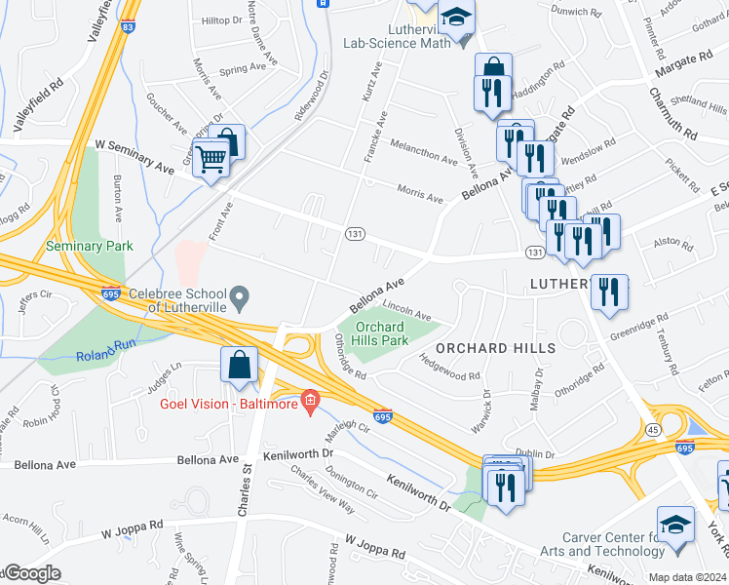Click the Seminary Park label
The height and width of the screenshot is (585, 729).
click(x=89, y=247)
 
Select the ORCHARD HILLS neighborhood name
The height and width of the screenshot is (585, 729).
click(x=495, y=348)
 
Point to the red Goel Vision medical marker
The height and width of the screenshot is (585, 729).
click(x=310, y=401)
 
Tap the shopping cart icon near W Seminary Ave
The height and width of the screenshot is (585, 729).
click(x=211, y=158)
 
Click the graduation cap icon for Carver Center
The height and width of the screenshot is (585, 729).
click(x=675, y=524)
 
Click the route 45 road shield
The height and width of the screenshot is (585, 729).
click(x=650, y=429)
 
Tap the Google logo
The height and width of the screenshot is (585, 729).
click(x=31, y=574)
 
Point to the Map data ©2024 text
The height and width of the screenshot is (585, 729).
click(x=687, y=577)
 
